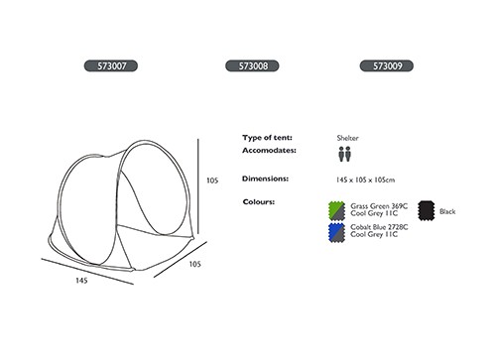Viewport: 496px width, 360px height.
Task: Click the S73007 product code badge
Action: [x=111, y=65]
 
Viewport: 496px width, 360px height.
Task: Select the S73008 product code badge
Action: [x=252, y=65]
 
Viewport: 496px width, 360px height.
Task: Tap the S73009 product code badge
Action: [x=387, y=65]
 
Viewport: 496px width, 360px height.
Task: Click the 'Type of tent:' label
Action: [x=267, y=138]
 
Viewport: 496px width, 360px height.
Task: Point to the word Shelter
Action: [x=347, y=138]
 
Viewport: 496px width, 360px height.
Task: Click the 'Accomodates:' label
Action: [x=269, y=151]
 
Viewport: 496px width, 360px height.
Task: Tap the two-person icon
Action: [x=344, y=154]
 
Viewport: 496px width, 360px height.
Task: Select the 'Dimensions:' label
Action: [x=265, y=179]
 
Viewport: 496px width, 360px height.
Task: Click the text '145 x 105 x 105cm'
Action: [x=365, y=180]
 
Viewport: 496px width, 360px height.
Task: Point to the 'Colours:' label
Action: [x=259, y=201]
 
